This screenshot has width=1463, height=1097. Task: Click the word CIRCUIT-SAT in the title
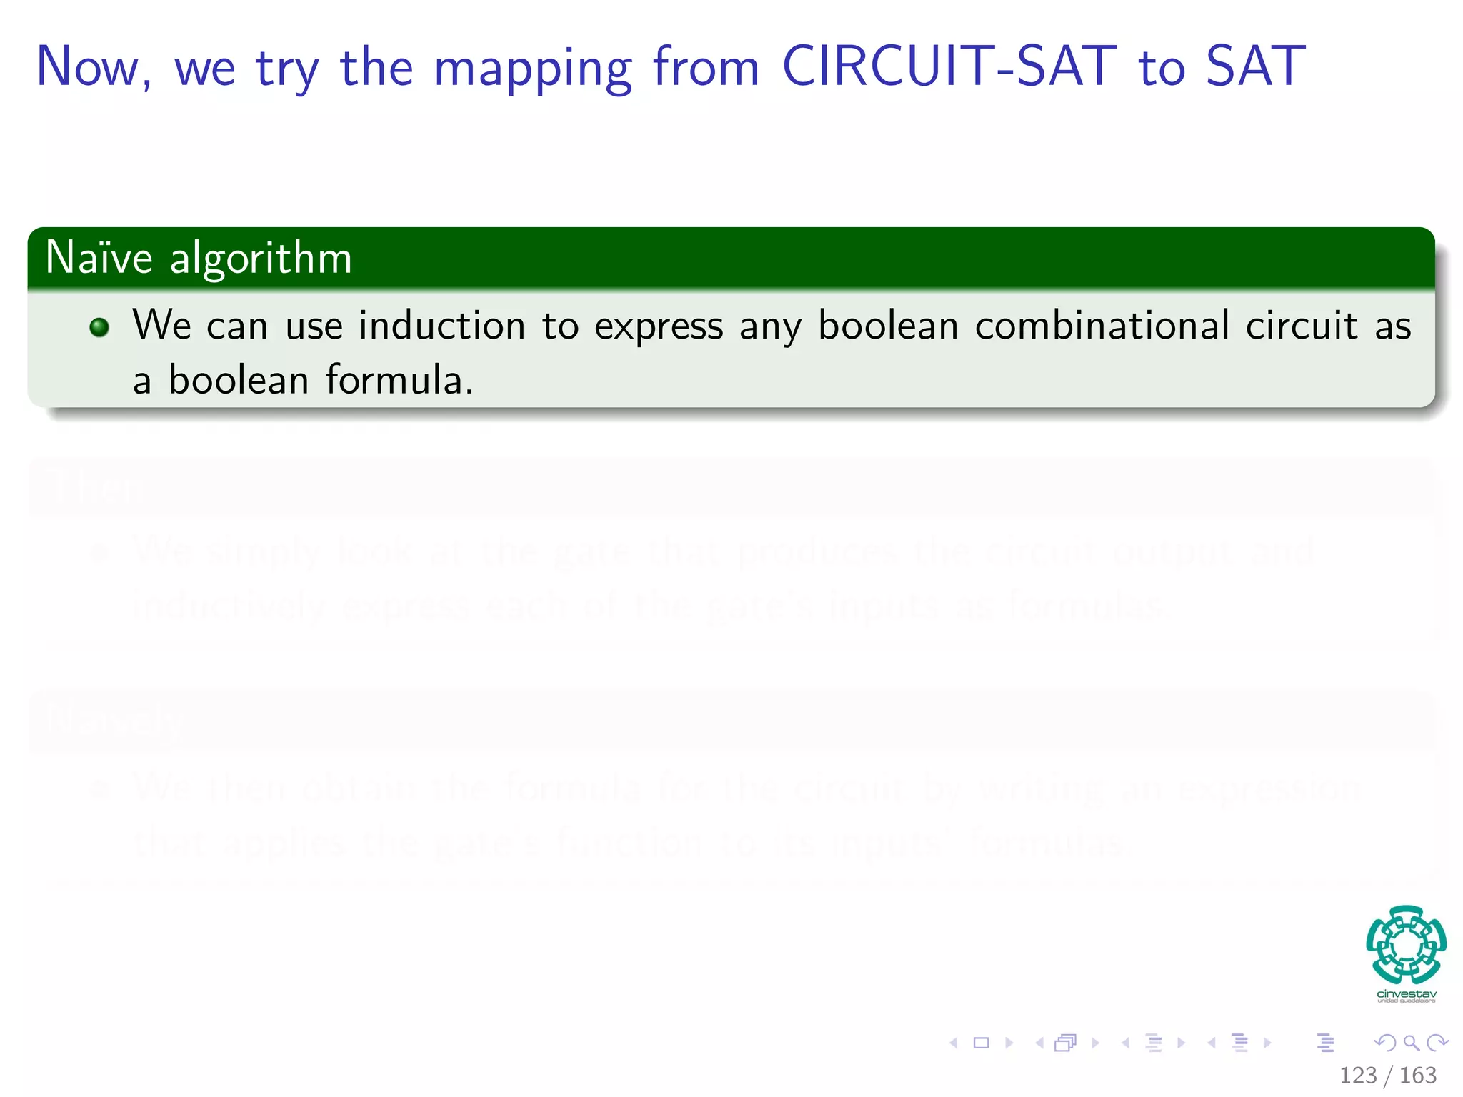(x=949, y=66)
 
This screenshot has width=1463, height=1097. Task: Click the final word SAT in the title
(x=1256, y=66)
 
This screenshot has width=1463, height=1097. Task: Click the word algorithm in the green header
(x=261, y=259)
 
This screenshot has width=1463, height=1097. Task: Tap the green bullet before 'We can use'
(x=99, y=327)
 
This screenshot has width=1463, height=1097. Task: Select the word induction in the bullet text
(x=441, y=326)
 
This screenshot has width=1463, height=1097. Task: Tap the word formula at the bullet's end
(x=399, y=379)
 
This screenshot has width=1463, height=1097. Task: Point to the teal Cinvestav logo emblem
(x=1406, y=944)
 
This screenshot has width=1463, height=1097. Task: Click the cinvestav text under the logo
(x=1406, y=994)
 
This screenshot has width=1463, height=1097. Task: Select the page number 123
(x=1358, y=1075)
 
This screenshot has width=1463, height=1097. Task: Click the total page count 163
(x=1418, y=1075)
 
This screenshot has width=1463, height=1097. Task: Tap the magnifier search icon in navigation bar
(x=1411, y=1043)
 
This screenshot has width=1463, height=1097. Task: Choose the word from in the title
(x=706, y=66)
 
